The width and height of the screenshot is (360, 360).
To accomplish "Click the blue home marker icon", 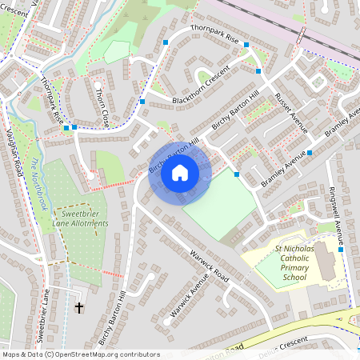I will (x=180, y=172).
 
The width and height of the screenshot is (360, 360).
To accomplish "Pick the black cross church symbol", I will (x=79, y=307).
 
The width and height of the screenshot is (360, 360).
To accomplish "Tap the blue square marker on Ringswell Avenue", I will (x=340, y=250).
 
